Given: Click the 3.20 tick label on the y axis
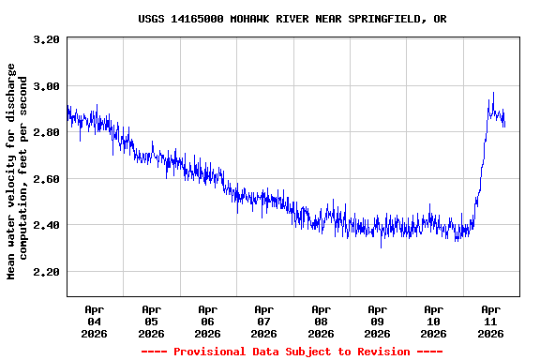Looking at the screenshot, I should [46, 39].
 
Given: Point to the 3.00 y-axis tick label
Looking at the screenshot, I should [46, 86].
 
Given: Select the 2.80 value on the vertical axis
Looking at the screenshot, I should [46, 132].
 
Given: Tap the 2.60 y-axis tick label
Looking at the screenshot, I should [46, 179].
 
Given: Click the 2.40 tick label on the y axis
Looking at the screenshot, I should [46, 225].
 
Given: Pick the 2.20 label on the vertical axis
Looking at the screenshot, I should [46, 272].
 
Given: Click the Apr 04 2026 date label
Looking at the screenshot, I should [95, 321].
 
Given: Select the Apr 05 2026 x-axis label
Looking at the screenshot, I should [151, 321].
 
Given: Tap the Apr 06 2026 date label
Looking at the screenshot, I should [207, 321].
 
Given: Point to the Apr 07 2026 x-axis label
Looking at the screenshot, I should [264, 321].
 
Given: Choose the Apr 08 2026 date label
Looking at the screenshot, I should [321, 321].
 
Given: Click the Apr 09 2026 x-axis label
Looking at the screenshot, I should [377, 321].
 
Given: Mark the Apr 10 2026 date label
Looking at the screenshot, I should [433, 321].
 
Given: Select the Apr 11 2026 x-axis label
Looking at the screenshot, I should [490, 321].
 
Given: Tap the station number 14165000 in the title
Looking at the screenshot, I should [197, 19].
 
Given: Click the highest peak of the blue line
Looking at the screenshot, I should [493, 93].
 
